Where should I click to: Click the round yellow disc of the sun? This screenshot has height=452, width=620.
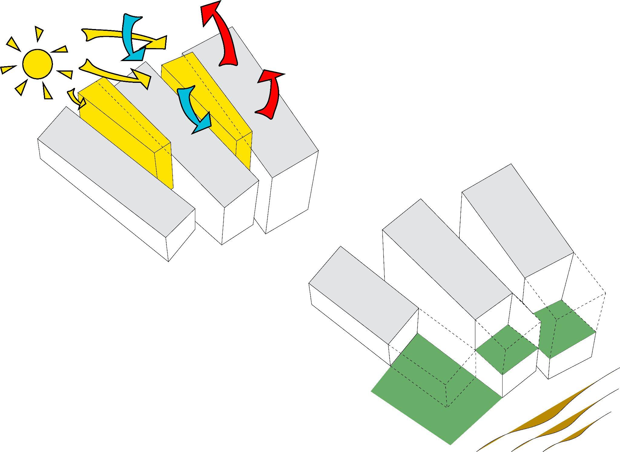[38, 64]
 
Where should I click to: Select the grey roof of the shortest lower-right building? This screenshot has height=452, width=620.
[363, 295]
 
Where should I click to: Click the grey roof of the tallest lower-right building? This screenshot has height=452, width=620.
[518, 221]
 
